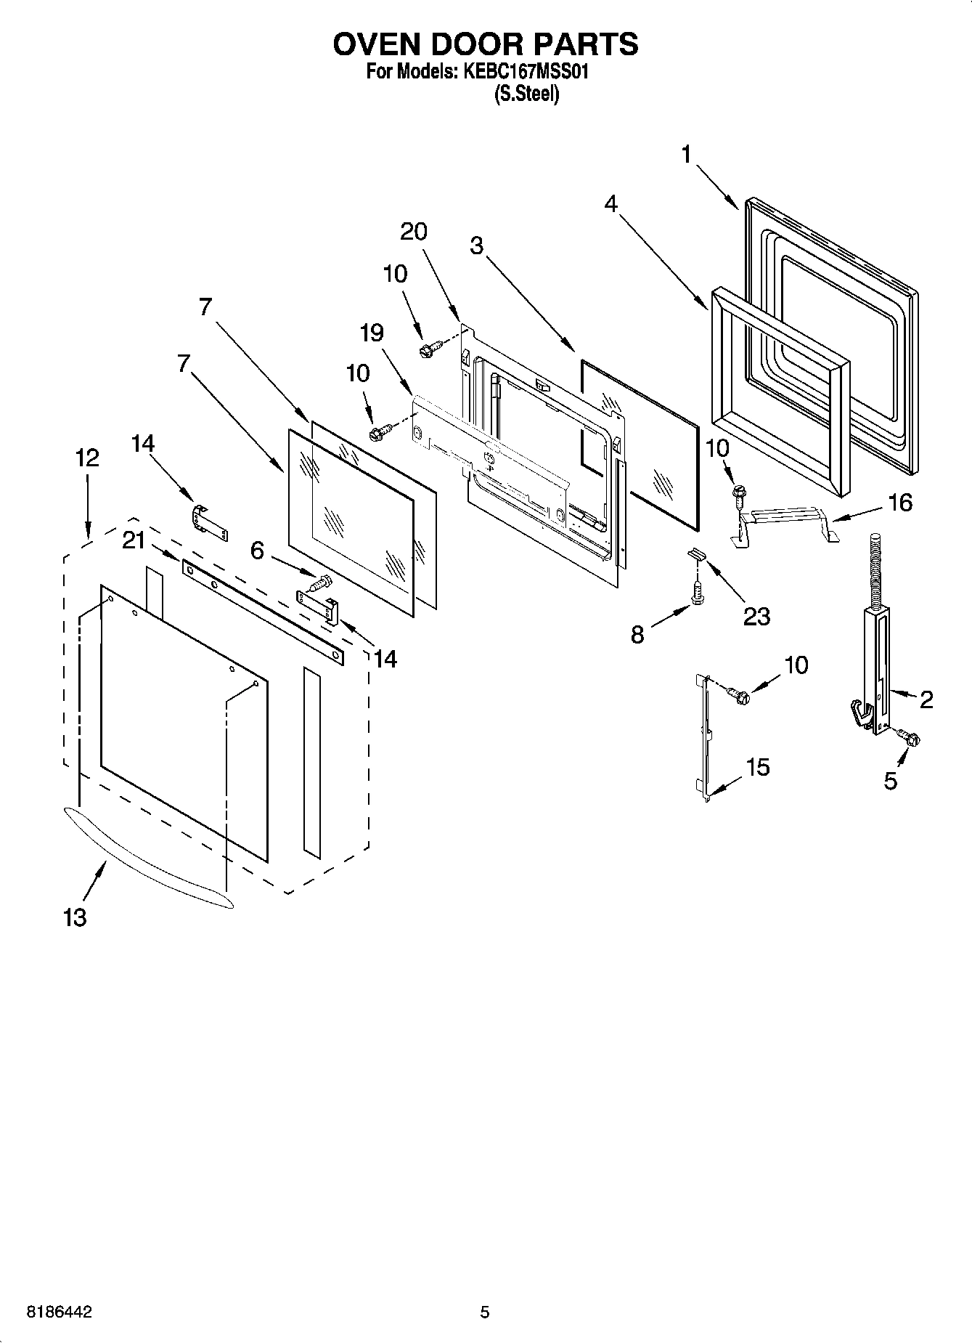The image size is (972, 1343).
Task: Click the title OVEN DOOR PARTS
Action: coord(486,44)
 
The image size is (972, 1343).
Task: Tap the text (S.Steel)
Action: coord(526,94)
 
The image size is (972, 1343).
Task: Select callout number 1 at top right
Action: coord(685,155)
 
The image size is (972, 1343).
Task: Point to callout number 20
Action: coord(414,232)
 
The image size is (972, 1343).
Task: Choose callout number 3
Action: coord(476,246)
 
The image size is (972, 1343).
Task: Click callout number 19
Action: coord(372,333)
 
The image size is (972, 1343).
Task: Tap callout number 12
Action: coord(86,458)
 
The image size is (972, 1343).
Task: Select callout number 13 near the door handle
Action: coord(75,917)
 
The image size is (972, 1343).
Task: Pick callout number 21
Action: coord(134,540)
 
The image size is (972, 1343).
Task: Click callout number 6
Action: coord(257,551)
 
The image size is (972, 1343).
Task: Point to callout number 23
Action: coord(756,616)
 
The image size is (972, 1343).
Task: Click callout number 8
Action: coord(637,635)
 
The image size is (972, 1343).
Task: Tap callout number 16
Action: coord(900,502)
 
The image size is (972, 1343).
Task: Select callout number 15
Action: coord(758,767)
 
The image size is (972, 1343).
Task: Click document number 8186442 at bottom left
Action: coord(60,1312)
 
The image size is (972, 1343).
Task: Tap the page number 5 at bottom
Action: coord(485,1312)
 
